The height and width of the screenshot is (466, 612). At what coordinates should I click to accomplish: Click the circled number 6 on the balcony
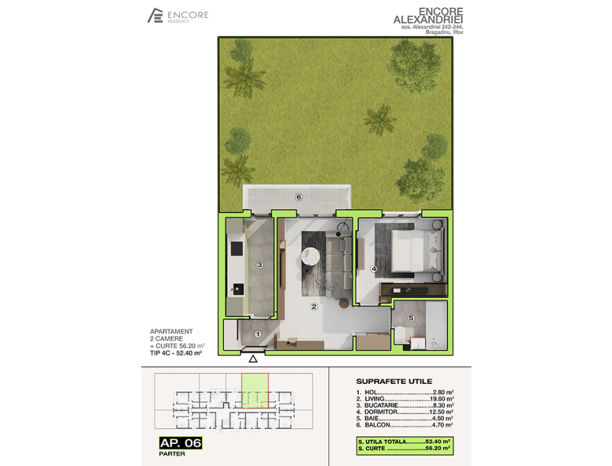pyautogui.click(x=299, y=197)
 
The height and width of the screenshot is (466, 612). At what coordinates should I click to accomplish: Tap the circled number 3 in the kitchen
pyautogui.click(x=259, y=265)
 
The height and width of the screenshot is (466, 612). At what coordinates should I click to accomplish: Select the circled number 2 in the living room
pyautogui.click(x=314, y=307)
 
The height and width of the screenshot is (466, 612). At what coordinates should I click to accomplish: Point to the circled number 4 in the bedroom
pyautogui.click(x=374, y=269)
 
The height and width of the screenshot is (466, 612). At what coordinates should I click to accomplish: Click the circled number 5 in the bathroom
pyautogui.click(x=411, y=318)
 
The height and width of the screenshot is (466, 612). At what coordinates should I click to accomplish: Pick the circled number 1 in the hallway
pyautogui.click(x=258, y=334)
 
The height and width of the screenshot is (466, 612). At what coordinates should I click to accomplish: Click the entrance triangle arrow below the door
pyautogui.click(x=253, y=359)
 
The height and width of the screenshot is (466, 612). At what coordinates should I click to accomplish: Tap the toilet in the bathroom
pyautogui.click(x=400, y=335)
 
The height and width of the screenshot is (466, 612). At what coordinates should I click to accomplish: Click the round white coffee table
pyautogui.click(x=311, y=256)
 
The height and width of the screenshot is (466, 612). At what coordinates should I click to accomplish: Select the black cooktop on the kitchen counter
pyautogui.click(x=237, y=249)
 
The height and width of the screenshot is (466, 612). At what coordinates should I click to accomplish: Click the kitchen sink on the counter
pyautogui.click(x=237, y=289)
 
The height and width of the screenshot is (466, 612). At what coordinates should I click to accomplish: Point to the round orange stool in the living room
pyautogui.click(x=344, y=303)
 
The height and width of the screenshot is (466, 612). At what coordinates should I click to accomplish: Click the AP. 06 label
pyautogui.click(x=180, y=443)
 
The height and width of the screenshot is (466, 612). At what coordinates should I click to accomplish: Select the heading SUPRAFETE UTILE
pyautogui.click(x=393, y=382)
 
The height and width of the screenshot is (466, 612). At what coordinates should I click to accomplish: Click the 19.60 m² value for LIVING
pyautogui.click(x=441, y=399)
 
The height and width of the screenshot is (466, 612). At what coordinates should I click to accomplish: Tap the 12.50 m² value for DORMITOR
pyautogui.click(x=441, y=412)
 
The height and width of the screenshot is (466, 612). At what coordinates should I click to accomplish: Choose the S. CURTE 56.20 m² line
pyautogui.click(x=405, y=449)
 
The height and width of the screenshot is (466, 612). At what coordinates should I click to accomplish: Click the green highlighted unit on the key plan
pyautogui.click(x=255, y=391)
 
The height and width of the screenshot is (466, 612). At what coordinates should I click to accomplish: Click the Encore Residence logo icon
pyautogui.click(x=155, y=15)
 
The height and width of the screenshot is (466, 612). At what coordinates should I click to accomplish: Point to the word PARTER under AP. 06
pyautogui.click(x=172, y=454)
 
